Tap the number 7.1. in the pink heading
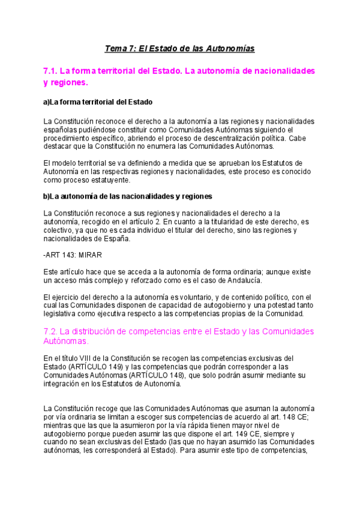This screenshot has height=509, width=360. point(50,71)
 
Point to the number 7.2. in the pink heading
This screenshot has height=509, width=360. point(50,331)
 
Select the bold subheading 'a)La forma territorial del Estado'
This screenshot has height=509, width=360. point(98,102)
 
